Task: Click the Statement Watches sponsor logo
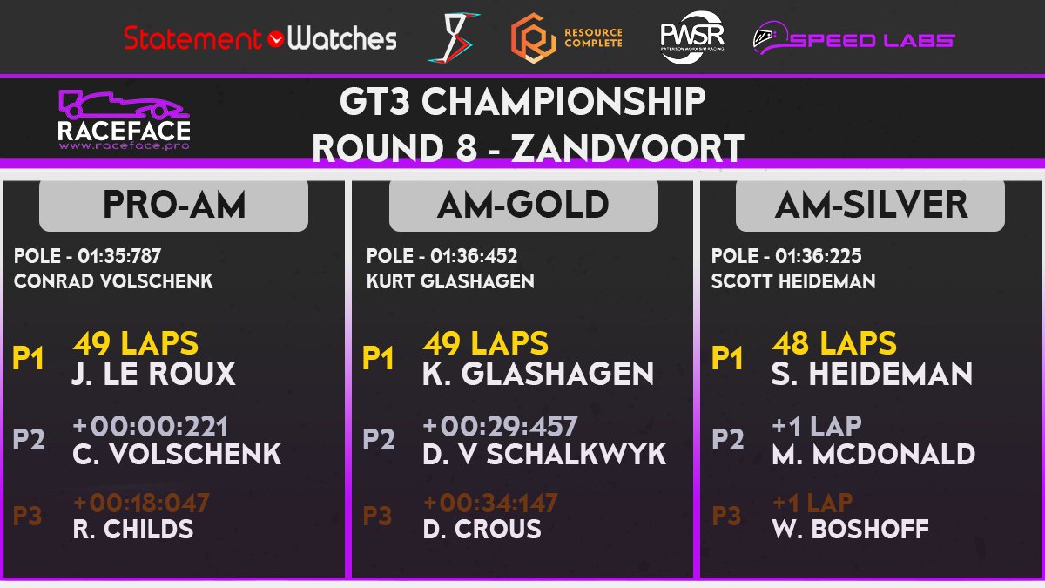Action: click(260, 39)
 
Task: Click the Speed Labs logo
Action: click(853, 39)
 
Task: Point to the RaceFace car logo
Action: click(124, 118)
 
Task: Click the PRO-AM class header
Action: click(174, 206)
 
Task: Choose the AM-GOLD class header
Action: click(523, 206)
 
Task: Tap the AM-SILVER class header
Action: click(870, 206)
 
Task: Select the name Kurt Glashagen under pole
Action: click(450, 281)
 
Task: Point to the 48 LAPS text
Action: click(834, 342)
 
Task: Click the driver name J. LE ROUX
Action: click(154, 374)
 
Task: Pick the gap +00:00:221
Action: click(151, 427)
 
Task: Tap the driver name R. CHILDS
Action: click(133, 529)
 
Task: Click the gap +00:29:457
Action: click(500, 427)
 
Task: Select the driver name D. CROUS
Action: click(482, 529)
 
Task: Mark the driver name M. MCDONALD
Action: click(873, 454)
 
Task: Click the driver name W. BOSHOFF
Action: click(850, 529)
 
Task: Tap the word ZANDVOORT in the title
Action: click(627, 148)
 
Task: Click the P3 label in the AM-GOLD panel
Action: click(377, 516)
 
